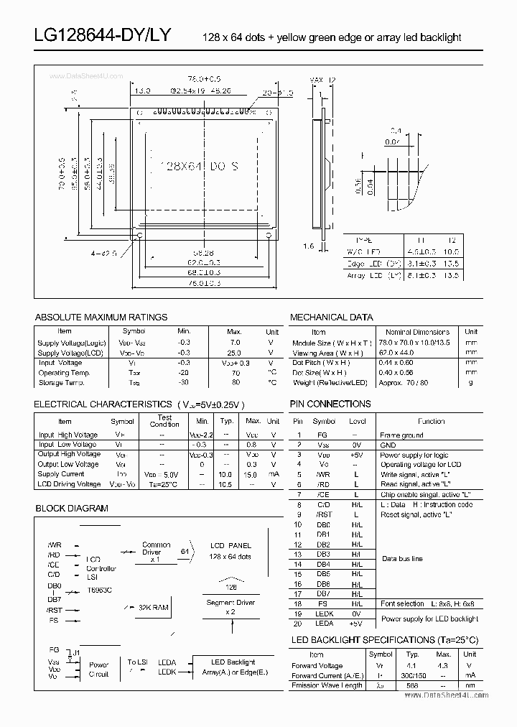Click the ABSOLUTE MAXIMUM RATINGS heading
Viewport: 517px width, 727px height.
tap(101, 317)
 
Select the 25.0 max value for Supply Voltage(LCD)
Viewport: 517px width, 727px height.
tap(235, 353)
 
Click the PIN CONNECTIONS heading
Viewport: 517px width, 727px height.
tap(330, 404)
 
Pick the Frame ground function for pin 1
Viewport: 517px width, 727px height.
tap(401, 435)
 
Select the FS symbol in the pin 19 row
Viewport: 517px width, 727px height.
tap(324, 604)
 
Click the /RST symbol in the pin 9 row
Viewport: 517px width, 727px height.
tap(324, 515)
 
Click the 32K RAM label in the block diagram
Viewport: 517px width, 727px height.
tap(153, 608)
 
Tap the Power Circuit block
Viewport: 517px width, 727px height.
tap(99, 670)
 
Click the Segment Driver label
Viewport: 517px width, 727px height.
tap(230, 607)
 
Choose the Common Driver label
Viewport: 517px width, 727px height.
tap(156, 550)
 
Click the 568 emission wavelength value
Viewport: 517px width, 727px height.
tap(413, 686)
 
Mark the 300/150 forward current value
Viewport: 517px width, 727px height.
tap(413, 676)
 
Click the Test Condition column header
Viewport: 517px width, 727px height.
tap(164, 421)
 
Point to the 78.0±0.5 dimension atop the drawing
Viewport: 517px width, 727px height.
tap(204, 78)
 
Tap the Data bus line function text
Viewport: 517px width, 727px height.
tap(402, 559)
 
